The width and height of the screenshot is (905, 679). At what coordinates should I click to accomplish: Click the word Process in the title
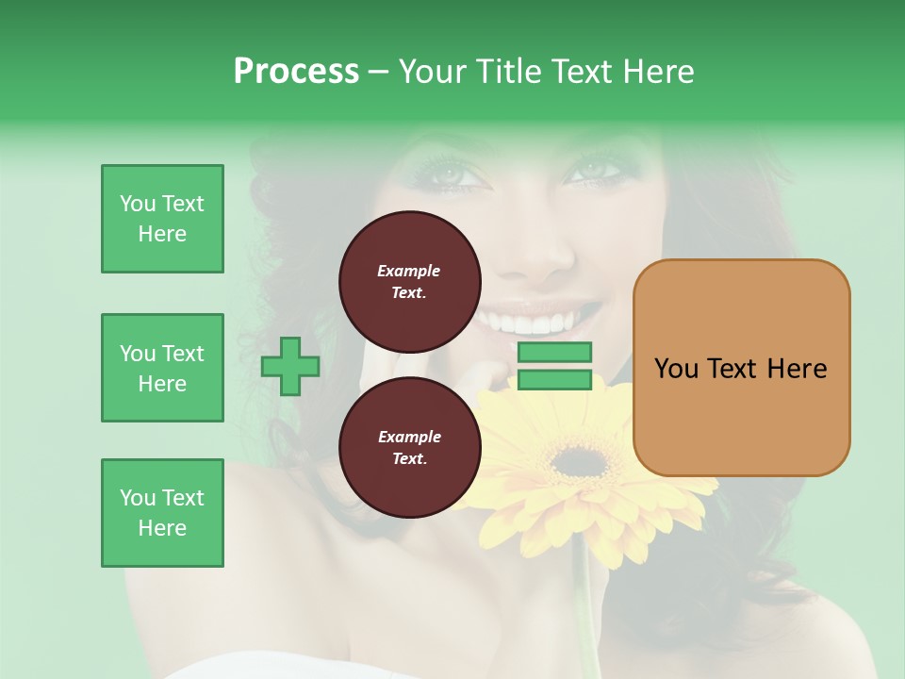point(296,72)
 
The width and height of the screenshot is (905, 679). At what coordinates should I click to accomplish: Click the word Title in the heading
point(504,72)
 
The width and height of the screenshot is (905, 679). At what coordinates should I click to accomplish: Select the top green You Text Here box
point(162,219)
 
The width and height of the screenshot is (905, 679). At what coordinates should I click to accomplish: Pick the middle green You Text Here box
point(162,368)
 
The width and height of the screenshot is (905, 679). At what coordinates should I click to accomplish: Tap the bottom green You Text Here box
point(162,513)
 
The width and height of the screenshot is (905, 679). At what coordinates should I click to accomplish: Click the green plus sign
point(290,366)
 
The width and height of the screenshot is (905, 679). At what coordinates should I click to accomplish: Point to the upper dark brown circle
point(409,282)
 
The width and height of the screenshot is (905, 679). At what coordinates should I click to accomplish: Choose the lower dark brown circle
point(409,448)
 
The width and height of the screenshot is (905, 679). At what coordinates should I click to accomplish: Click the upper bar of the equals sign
point(554,353)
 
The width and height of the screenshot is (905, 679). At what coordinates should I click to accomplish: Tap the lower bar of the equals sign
point(554,380)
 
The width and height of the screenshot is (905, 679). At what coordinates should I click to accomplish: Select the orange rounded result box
point(741,368)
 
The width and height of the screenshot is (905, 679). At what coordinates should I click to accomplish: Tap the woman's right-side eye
point(592,171)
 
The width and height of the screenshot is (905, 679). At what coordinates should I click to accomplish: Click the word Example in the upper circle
point(409,271)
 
